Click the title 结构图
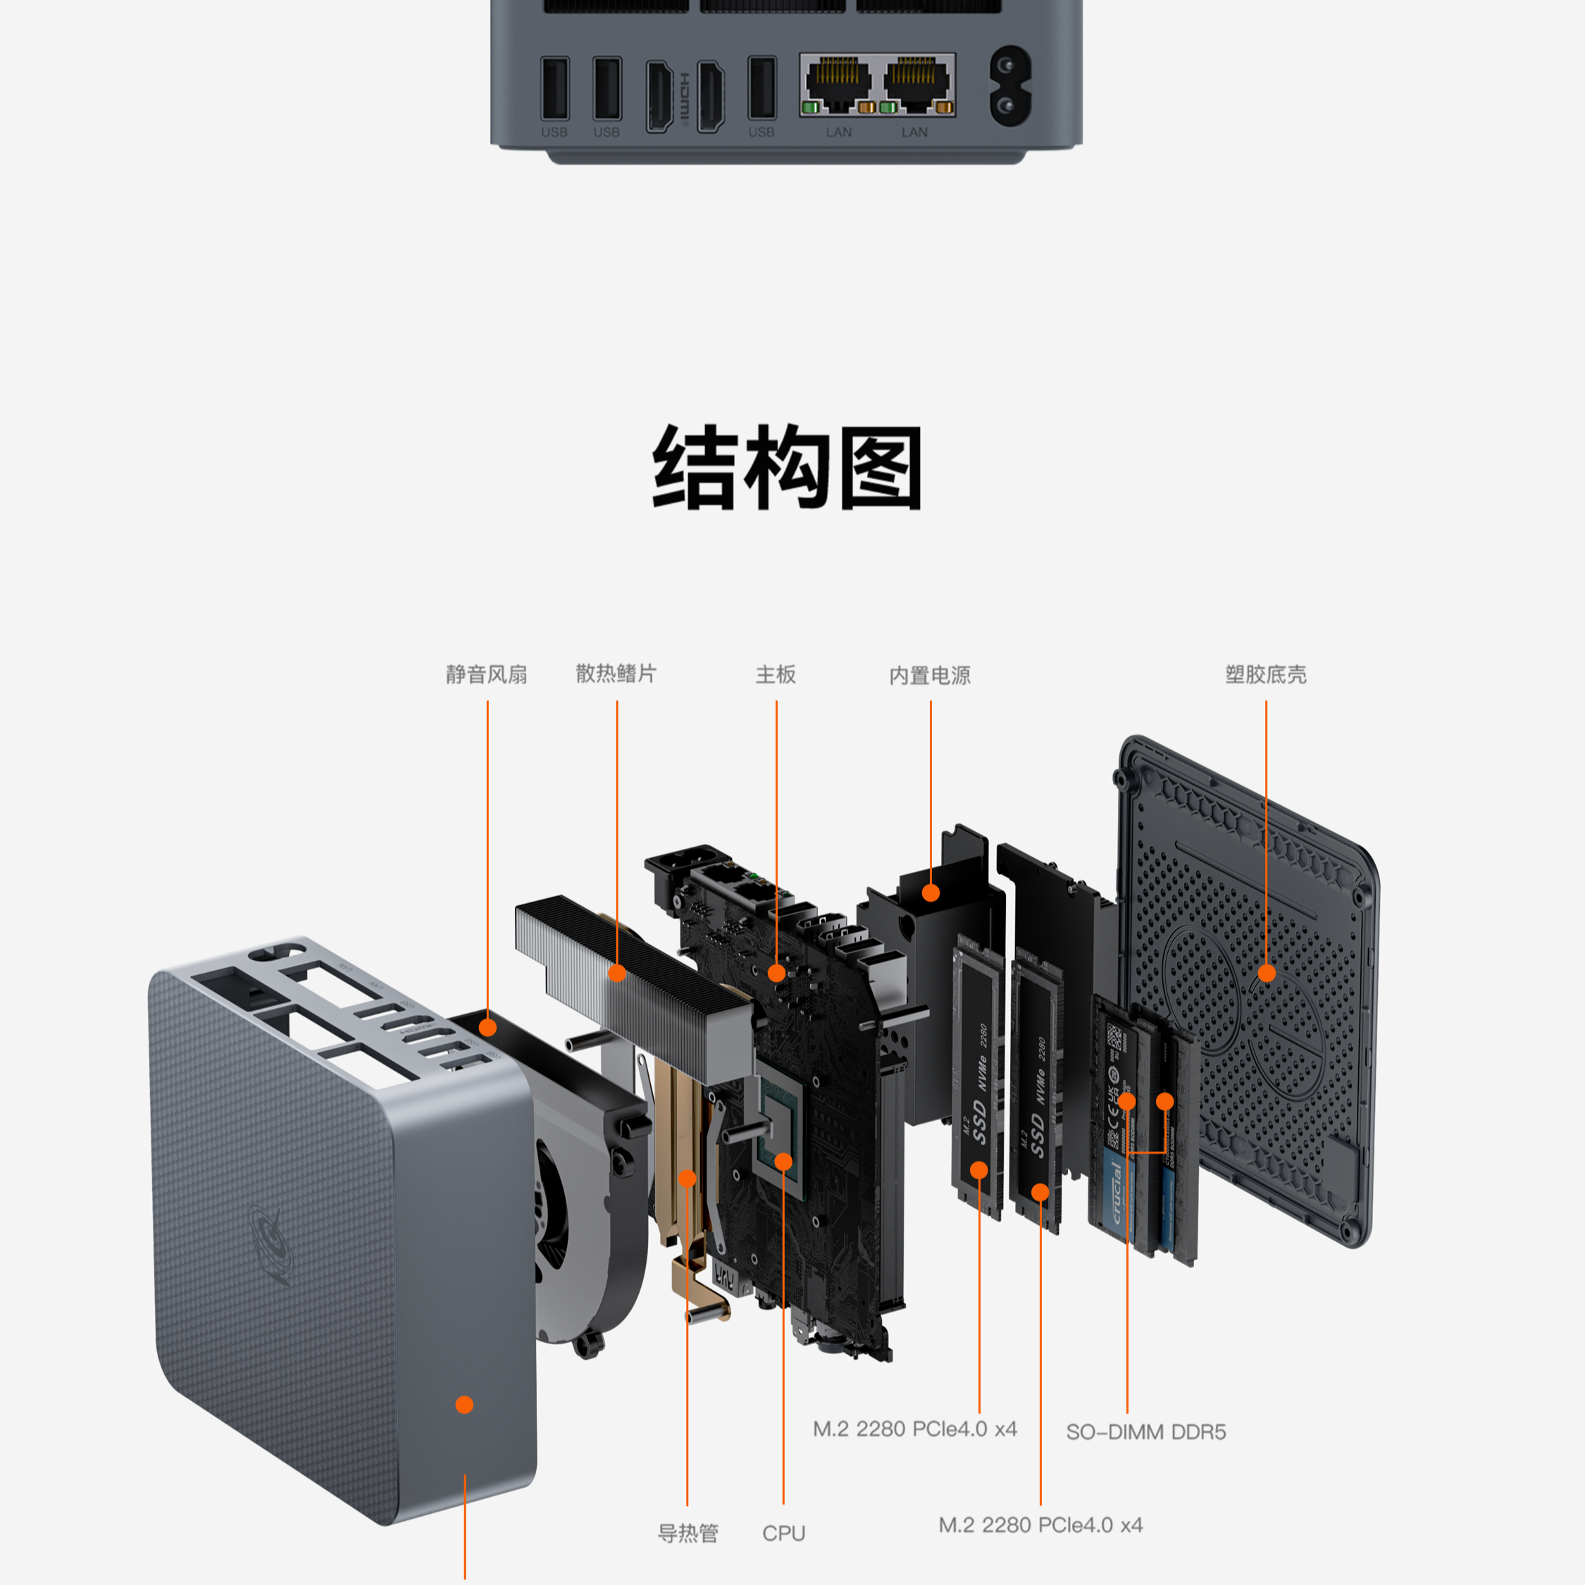point(787,468)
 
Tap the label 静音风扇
point(487,674)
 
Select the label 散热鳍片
point(616,673)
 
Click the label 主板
point(776,674)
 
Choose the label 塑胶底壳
point(1265,674)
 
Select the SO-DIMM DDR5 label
point(1145,1431)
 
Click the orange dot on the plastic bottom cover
point(1267,973)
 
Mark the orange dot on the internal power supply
point(931,893)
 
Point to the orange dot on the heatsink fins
point(618,973)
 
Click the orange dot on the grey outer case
point(464,1405)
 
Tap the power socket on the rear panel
point(1011,86)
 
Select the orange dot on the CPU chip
point(783,1162)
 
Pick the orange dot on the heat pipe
point(688,1178)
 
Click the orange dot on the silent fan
point(487,1027)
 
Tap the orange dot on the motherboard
point(776,974)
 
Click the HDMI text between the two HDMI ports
point(685,97)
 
